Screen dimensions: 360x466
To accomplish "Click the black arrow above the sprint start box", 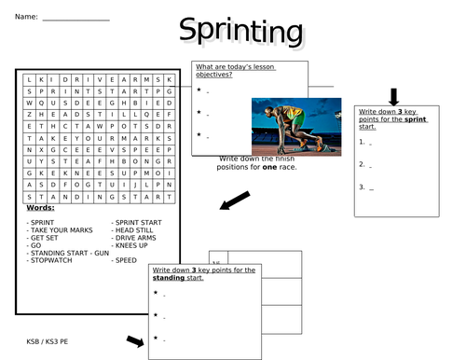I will tap(393, 96).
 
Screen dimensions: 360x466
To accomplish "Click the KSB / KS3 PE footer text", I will tap(48, 341).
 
